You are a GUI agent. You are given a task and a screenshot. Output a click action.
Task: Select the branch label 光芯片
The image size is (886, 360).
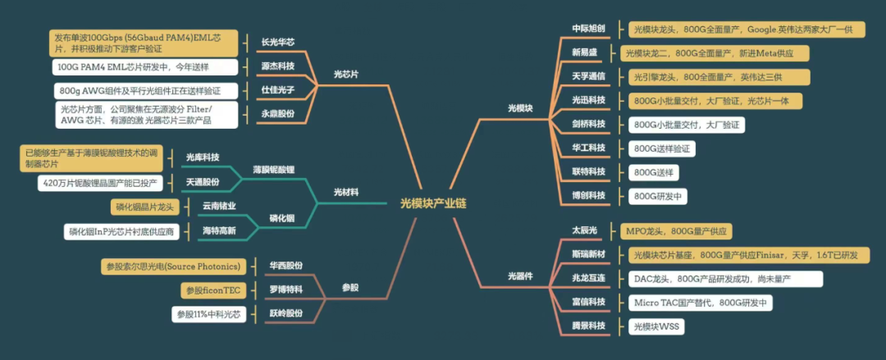pyautogui.click(x=345, y=74)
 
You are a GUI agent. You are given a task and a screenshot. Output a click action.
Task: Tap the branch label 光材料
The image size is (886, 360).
pyautogui.click(x=345, y=192)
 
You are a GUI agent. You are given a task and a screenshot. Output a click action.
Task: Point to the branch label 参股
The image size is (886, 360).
pyautogui.click(x=349, y=288)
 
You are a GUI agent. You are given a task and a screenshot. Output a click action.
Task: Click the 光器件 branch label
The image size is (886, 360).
pyautogui.click(x=520, y=276)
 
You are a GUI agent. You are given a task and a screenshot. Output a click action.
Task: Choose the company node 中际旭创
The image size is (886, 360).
pyautogui.click(x=588, y=28)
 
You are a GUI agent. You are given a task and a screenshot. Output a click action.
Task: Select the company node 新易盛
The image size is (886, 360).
pyautogui.click(x=584, y=52)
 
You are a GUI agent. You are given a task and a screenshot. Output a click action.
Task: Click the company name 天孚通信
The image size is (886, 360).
pyautogui.click(x=588, y=76)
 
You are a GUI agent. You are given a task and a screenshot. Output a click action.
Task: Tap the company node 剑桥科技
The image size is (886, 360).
pyautogui.click(x=588, y=124)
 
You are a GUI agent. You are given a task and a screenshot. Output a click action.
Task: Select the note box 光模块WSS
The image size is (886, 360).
pyautogui.click(x=656, y=326)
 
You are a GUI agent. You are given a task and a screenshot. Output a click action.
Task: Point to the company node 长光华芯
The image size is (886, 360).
pyautogui.click(x=277, y=42)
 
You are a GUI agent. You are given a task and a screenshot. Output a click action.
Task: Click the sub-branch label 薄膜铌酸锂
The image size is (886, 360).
pyautogui.click(x=273, y=170)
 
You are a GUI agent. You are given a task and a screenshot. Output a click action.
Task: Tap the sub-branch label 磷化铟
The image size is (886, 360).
pyautogui.click(x=282, y=218)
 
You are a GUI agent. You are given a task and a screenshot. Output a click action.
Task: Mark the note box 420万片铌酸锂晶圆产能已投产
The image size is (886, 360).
pyautogui.click(x=100, y=183)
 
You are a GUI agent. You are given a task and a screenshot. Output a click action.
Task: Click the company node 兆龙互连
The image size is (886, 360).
pyautogui.click(x=588, y=278)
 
